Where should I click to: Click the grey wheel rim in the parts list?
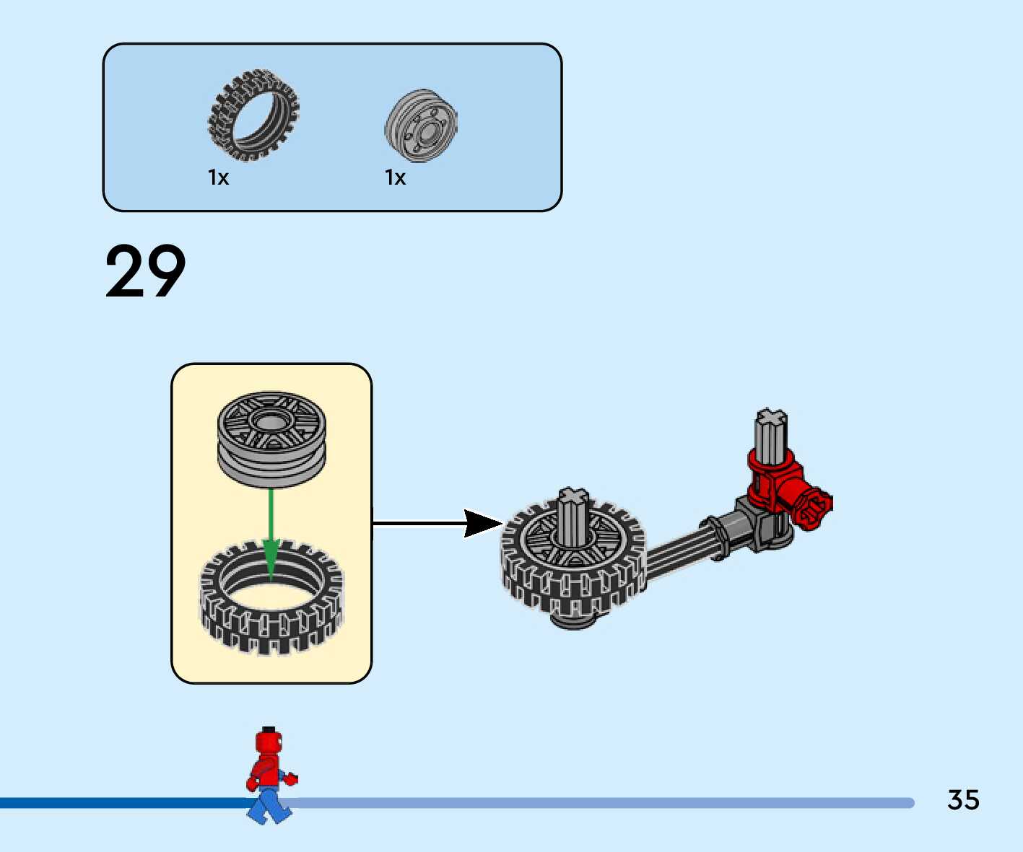[x=421, y=126]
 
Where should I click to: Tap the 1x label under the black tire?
[x=218, y=177]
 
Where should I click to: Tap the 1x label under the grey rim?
[x=395, y=177]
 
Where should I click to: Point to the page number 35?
[x=963, y=800]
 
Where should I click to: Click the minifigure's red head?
[x=268, y=742]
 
